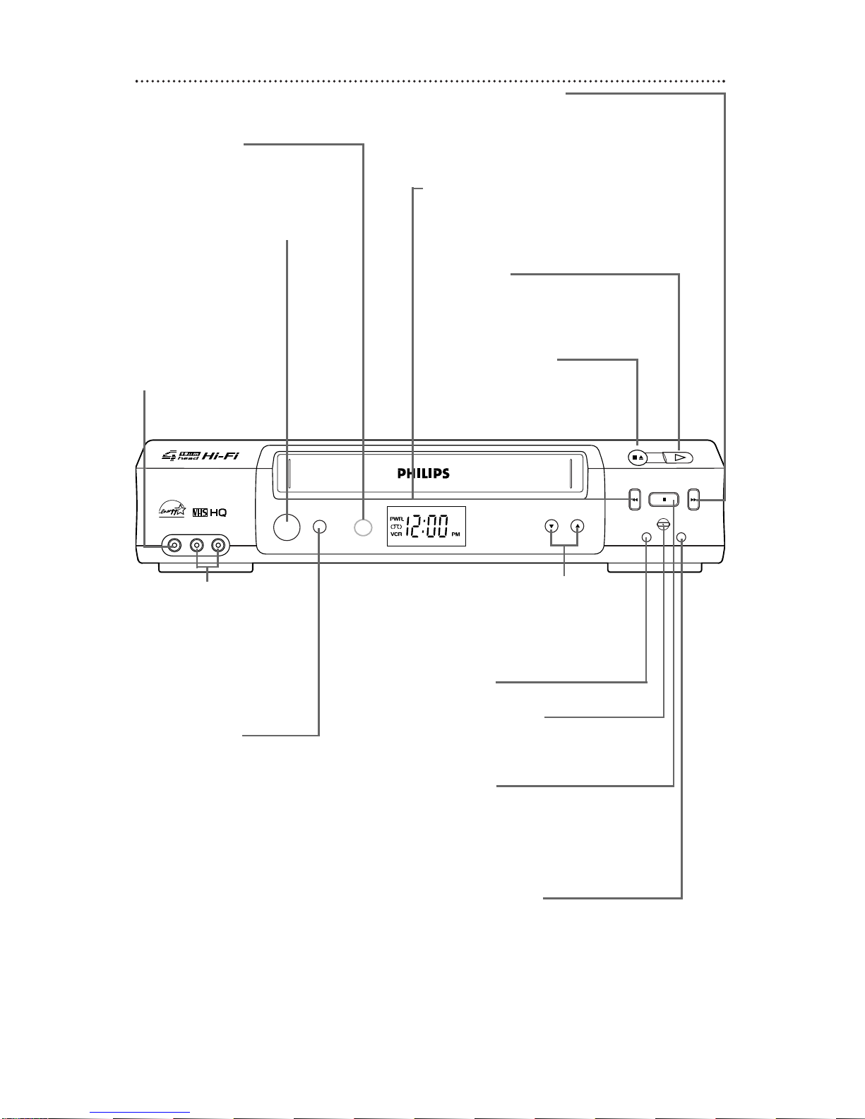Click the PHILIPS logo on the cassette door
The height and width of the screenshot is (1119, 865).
coord(423,473)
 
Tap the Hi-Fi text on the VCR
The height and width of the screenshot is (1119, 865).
coord(220,456)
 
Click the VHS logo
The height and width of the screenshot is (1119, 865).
coord(200,512)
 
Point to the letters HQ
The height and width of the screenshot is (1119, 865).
coord(217,512)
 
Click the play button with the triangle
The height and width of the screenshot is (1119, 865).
coord(679,457)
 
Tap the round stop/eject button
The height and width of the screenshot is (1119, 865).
coord(638,457)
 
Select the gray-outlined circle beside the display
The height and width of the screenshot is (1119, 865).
coord(363,527)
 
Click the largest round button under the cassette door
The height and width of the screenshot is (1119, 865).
coord(287,527)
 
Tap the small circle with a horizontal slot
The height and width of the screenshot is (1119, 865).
coord(662,524)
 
